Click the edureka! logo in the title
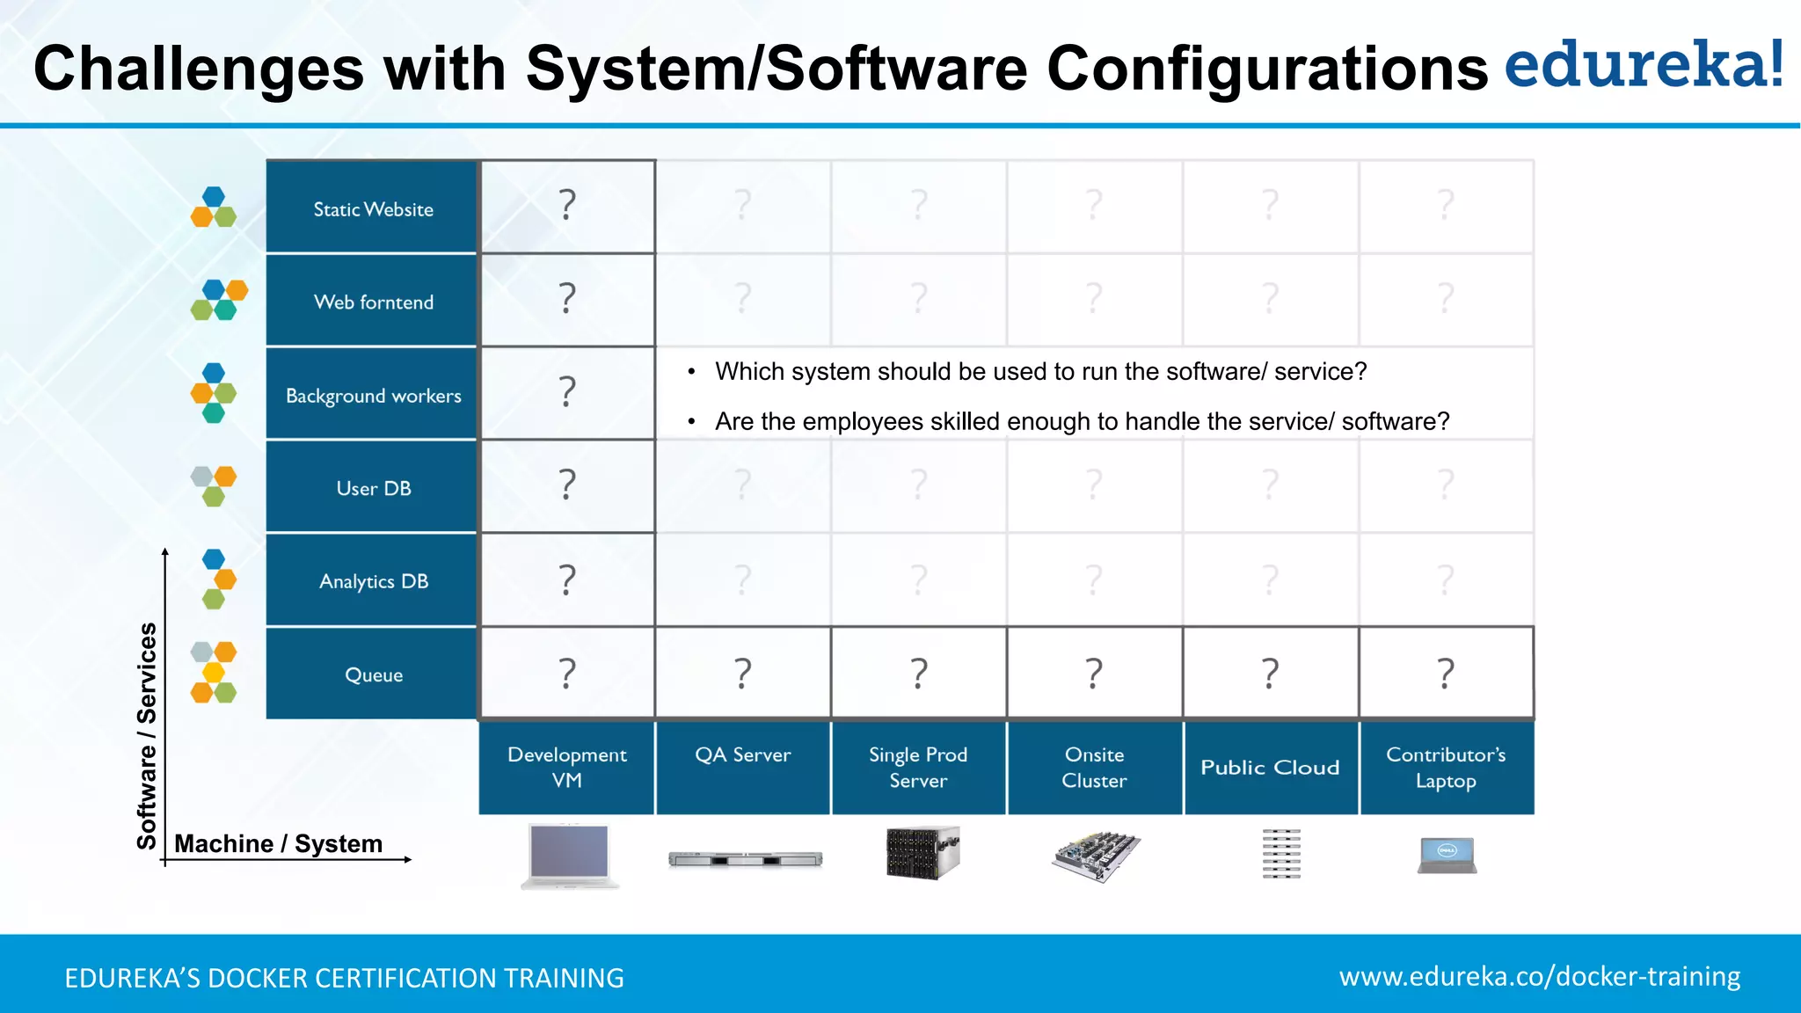tap(1643, 65)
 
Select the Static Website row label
tap(373, 209)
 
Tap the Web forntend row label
tap(373, 302)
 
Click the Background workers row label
tap(373, 396)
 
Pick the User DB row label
tap(373, 488)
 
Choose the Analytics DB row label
tap(373, 581)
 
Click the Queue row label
tap(373, 674)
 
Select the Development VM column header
tap(566, 767)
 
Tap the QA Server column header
tap(742, 755)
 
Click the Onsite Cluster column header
tap(1094, 767)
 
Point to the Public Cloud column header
tap(1270, 767)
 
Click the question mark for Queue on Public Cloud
tap(1270, 673)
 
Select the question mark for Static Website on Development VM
tap(567, 205)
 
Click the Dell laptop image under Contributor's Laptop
tap(1447, 855)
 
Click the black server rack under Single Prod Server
tap(921, 852)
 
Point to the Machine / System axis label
tap(278, 843)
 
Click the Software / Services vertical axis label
tap(147, 735)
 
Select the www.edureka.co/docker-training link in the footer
tap(1539, 976)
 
